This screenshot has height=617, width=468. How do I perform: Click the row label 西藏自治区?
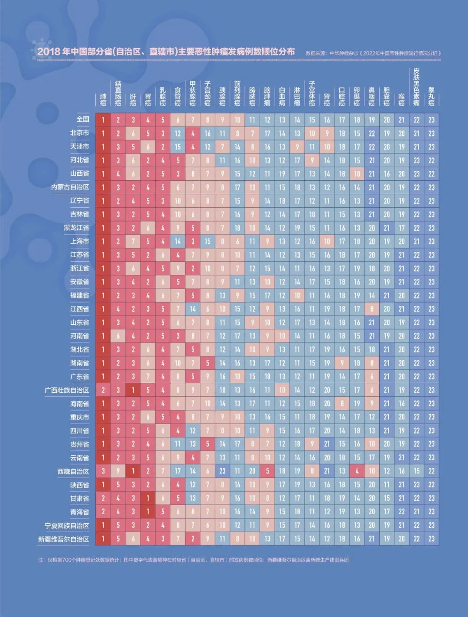(x=73, y=471)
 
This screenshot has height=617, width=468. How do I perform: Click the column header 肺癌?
(x=103, y=99)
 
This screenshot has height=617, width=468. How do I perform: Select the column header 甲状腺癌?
(x=193, y=93)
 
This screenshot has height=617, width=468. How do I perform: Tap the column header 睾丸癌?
(x=431, y=96)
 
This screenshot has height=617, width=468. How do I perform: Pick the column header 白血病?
(x=282, y=96)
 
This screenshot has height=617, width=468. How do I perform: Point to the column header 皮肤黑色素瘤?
(x=416, y=87)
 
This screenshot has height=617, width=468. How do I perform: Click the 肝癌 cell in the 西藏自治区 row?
(x=133, y=471)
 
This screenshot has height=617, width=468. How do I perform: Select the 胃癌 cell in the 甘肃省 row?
(x=148, y=498)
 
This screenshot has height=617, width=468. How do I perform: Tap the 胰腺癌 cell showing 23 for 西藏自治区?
(x=222, y=471)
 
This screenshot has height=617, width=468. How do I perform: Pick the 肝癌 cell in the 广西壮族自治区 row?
(x=133, y=390)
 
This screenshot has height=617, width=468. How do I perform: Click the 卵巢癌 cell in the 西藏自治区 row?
(x=357, y=471)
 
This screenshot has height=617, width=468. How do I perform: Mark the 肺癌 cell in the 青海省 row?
(x=103, y=512)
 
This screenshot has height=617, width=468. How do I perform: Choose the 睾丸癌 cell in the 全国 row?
(x=431, y=120)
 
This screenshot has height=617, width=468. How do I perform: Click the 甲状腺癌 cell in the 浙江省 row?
(x=193, y=268)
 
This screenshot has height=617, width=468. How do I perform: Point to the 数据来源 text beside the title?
(x=317, y=53)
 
